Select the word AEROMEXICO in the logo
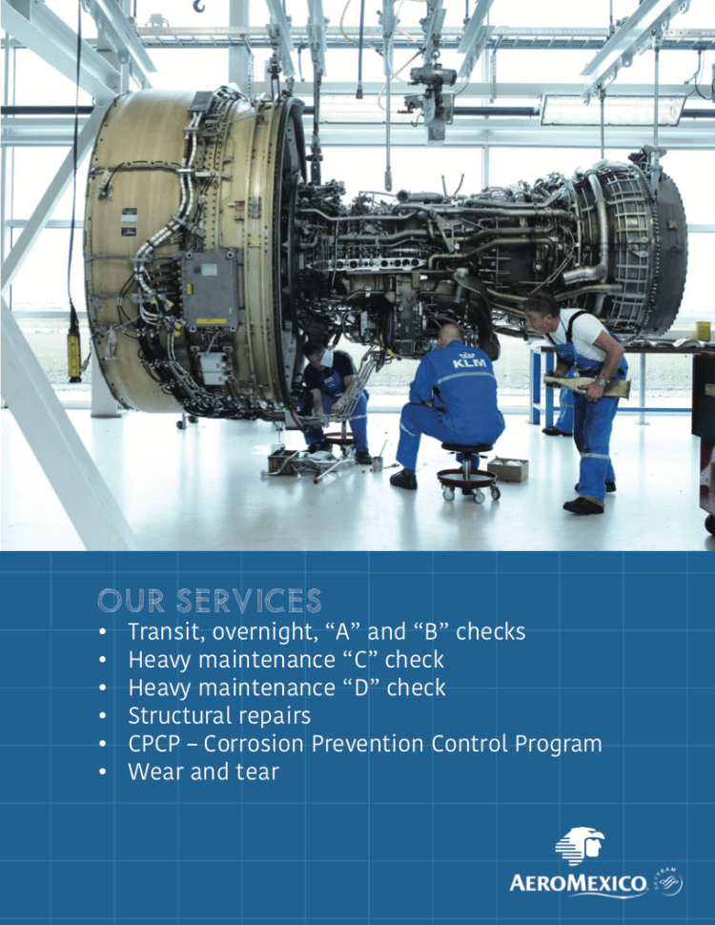(x=578, y=884)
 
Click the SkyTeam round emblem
(x=669, y=882)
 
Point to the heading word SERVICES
(x=249, y=601)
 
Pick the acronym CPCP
(x=154, y=744)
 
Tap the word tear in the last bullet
(x=257, y=772)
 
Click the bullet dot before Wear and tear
(x=103, y=772)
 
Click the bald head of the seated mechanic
(x=451, y=334)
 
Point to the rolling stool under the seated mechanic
(x=468, y=472)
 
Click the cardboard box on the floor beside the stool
(x=508, y=469)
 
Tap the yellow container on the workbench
(x=703, y=331)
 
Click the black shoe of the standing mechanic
(x=583, y=505)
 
